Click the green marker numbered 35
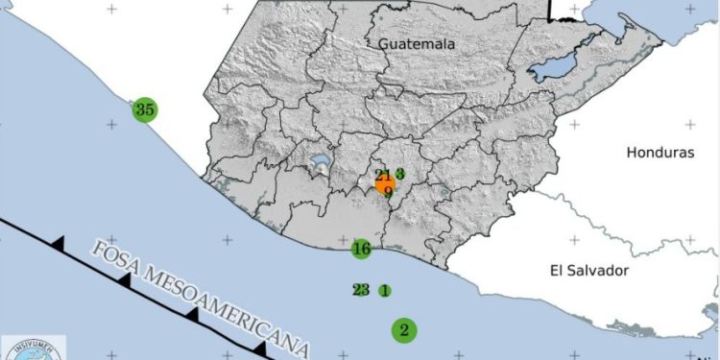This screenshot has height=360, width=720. point(145,109)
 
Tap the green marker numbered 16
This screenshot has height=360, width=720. point(361,250)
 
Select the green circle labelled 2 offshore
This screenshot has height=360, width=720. point(404,330)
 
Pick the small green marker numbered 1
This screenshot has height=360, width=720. point(384,290)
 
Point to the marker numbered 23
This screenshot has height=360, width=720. point(361,289)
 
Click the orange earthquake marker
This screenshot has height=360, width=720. point(386,182)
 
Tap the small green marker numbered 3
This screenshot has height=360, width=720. point(399,174)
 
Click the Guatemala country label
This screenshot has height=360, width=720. point(416,44)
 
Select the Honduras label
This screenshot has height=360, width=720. point(659,153)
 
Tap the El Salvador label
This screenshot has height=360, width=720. point(588,271)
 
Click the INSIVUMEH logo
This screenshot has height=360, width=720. point(34,348)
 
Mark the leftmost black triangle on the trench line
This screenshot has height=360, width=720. point(60,245)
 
